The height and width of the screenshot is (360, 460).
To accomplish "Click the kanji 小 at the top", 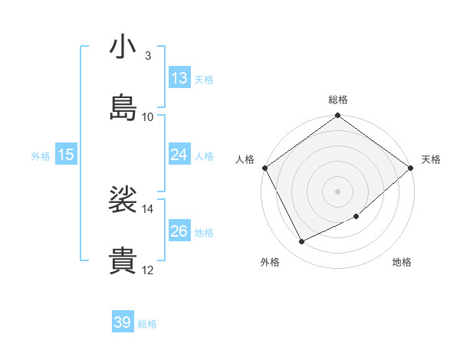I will [x=123, y=47].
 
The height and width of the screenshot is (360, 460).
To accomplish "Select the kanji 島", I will [x=123, y=108].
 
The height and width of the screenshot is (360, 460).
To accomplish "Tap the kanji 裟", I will [x=123, y=201].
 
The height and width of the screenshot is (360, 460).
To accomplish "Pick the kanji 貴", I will [x=123, y=261].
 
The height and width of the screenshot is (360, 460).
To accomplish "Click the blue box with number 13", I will [x=179, y=78].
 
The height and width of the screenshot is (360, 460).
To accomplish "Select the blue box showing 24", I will [x=179, y=155].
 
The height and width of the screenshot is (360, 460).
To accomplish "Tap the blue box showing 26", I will [x=179, y=231].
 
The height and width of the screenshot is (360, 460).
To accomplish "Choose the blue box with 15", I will [x=66, y=155].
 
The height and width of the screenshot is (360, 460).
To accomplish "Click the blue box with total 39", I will [x=123, y=322].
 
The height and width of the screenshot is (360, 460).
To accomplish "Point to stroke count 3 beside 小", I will [x=148, y=56].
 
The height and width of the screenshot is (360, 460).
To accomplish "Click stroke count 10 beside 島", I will [x=148, y=117].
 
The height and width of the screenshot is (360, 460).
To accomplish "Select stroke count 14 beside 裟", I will [x=148, y=209].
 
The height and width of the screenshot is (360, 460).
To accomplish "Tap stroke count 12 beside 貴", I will [x=148, y=270].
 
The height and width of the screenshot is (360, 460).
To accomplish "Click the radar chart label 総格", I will [x=338, y=100].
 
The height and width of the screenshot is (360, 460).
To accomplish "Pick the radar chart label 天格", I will [x=431, y=159].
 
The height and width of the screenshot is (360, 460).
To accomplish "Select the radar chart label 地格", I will [x=402, y=262].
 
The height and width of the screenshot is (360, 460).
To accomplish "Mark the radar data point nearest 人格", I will [x=264, y=168].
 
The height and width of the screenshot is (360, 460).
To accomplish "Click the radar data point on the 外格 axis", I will [x=302, y=242].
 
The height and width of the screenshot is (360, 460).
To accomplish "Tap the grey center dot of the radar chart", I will [x=338, y=191].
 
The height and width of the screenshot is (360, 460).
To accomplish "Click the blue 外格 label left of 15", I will [x=41, y=156].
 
